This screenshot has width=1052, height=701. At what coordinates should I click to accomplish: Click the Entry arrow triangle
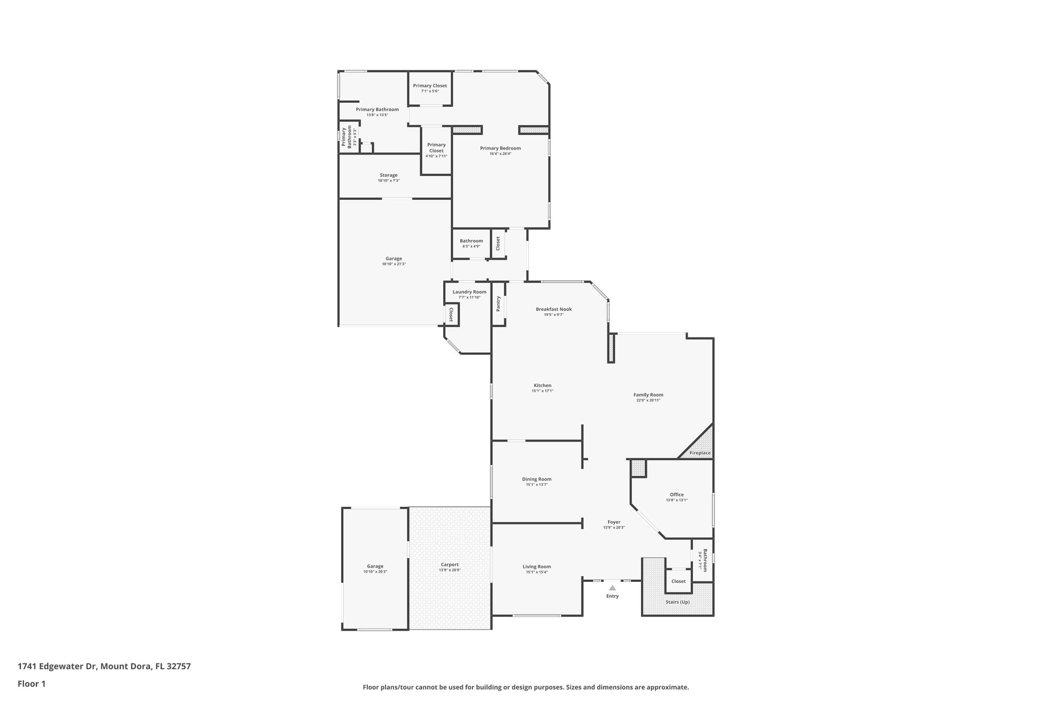click(x=612, y=588)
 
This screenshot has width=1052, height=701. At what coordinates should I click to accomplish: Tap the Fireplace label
click(x=700, y=453)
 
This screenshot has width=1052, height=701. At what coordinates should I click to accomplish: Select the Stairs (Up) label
click(x=678, y=602)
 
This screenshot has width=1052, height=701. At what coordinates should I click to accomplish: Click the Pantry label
click(x=498, y=304)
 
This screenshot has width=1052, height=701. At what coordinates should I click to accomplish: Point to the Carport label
click(x=449, y=564)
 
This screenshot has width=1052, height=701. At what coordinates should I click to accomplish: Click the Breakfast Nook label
click(x=554, y=309)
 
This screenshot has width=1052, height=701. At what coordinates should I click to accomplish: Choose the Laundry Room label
click(x=469, y=292)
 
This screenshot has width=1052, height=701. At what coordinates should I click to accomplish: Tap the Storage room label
click(x=389, y=175)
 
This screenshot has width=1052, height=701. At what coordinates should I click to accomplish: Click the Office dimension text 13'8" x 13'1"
click(x=677, y=500)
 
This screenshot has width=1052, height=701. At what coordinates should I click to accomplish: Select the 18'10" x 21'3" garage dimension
click(x=394, y=264)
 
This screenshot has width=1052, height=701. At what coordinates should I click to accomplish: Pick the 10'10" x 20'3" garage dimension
click(x=375, y=572)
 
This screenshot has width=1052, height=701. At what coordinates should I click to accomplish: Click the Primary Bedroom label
click(x=500, y=148)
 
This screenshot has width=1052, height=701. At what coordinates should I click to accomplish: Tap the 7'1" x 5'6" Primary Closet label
click(x=430, y=86)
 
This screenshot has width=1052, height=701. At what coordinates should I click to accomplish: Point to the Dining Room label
click(x=537, y=479)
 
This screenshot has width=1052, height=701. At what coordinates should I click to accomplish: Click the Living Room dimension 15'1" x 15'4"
click(x=537, y=572)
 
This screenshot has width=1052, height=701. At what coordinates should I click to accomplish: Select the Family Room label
click(x=648, y=395)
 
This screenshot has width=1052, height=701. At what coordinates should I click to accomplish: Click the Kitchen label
click(x=542, y=385)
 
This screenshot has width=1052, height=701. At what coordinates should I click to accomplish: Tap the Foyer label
click(x=614, y=522)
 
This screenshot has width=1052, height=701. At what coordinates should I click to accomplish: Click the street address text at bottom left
click(x=104, y=666)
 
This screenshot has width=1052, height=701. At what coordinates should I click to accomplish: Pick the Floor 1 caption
click(x=32, y=684)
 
